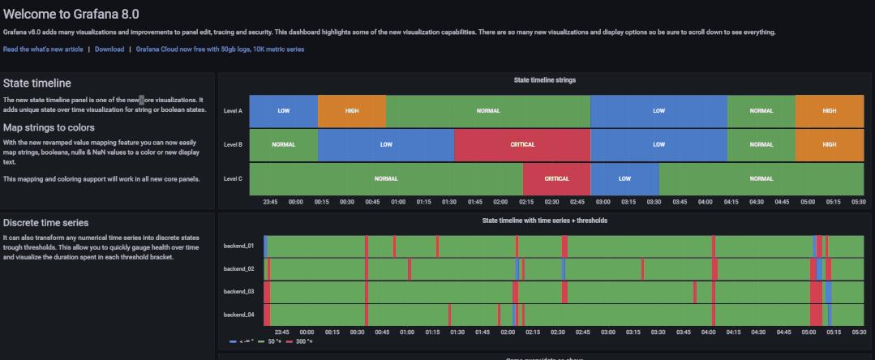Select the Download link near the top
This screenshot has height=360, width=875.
[109, 49]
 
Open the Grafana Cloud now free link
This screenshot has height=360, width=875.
[220, 49]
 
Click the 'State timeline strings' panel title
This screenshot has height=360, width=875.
[545, 80]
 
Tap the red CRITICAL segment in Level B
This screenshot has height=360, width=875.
[522, 144]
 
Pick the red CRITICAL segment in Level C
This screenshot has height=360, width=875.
[556, 178]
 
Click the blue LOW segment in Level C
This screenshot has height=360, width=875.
[624, 178]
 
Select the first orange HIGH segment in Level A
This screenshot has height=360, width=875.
[352, 110]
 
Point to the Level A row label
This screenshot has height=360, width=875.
[233, 111]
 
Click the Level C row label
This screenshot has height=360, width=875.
[233, 178]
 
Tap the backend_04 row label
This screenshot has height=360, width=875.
[238, 314]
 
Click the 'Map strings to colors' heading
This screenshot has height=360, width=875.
[49, 128]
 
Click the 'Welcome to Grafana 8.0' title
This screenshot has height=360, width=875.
[71, 14]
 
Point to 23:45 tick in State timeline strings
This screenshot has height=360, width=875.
[271, 202]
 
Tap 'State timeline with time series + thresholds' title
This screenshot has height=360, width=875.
[545, 220]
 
